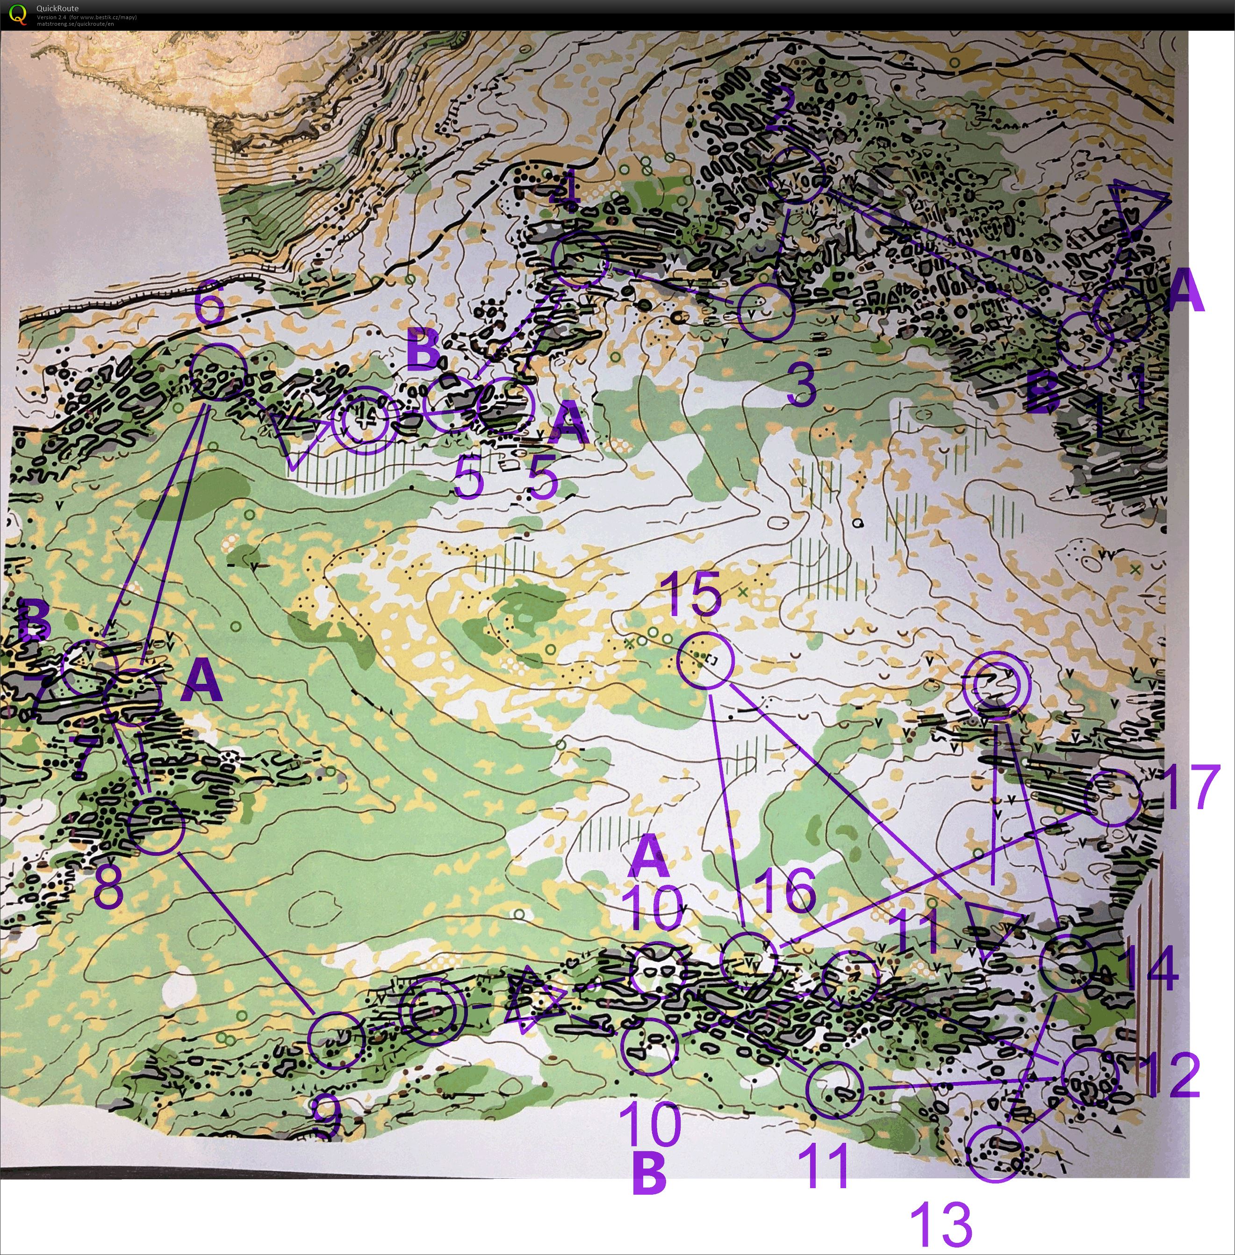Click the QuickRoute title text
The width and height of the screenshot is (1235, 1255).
pos(57,8)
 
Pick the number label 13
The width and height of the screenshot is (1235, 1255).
pos(941,1223)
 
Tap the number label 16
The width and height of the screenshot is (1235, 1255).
pos(785,890)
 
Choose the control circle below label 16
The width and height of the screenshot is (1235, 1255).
pos(749,961)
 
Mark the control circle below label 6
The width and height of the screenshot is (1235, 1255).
pos(219,372)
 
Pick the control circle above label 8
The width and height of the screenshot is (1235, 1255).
pos(156,825)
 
